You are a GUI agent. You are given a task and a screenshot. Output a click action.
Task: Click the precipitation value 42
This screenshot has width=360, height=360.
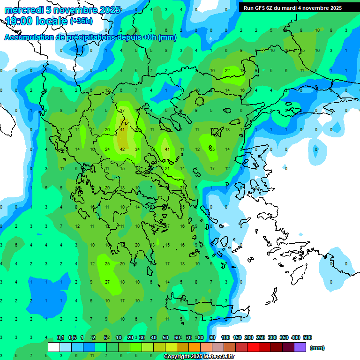pos(122,150)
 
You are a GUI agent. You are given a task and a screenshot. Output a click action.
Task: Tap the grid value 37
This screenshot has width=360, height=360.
pos(122,111)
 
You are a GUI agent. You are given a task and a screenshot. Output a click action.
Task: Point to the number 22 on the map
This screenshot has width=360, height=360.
pos(227,71)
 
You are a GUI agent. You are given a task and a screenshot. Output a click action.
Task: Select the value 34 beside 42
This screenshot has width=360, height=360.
pos(137,150)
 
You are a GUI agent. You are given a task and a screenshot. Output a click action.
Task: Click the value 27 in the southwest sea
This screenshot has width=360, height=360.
pos(107,282)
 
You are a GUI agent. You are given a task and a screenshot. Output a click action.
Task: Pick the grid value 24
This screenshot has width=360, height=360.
pos(107,150)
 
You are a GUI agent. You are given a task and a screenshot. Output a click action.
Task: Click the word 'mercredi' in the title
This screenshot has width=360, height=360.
pos(23,10)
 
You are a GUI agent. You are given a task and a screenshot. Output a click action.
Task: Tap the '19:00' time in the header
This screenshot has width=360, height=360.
pos(21,21)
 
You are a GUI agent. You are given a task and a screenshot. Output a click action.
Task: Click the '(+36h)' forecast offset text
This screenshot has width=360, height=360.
pos(81,21)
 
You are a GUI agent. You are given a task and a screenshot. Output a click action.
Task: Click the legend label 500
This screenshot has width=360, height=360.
pos(307,337)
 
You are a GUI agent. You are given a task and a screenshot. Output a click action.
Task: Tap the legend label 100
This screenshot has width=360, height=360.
pos(225,337)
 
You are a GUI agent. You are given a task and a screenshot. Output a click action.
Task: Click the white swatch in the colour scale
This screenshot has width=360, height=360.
pos(54,347)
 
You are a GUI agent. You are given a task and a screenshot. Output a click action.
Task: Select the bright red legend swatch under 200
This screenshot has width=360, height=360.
pos(253,347)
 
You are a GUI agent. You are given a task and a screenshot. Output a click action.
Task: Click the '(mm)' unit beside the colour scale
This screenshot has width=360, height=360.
pos(317,348)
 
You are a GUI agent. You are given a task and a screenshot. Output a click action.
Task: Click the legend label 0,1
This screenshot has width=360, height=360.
pos(60,337)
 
